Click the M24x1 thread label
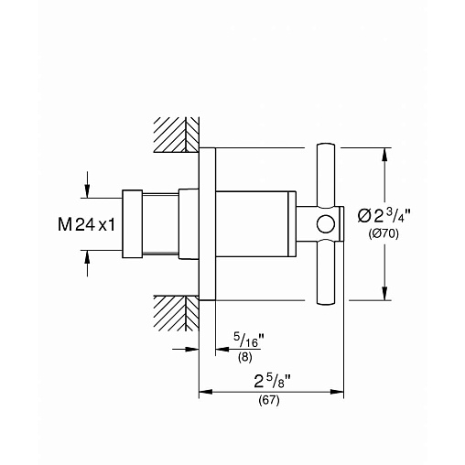[87, 224]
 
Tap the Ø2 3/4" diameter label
[384, 216]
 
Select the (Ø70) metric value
[384, 234]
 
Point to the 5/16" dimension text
[249, 340]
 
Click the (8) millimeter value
[245, 357]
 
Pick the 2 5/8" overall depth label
[272, 382]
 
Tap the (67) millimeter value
[269, 400]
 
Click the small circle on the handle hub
[326, 224]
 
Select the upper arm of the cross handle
[326, 176]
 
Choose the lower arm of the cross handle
[326, 272]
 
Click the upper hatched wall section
[177, 135]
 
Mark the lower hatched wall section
[177, 313]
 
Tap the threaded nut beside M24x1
[133, 224]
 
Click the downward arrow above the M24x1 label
[87, 185]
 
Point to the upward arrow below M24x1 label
[87, 264]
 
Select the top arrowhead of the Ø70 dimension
[384, 155]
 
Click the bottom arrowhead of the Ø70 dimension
[384, 294]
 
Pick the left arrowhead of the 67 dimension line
[206, 392]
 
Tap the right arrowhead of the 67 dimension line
[337, 392]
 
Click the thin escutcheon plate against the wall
[208, 224]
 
